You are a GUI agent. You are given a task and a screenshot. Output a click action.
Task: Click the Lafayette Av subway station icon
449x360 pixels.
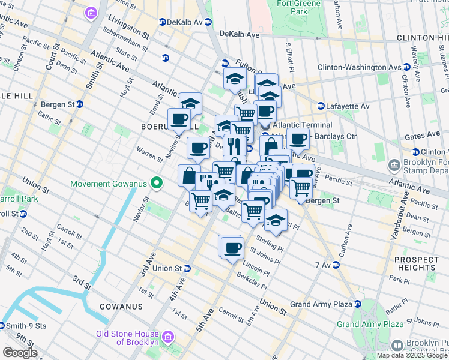click(321, 106)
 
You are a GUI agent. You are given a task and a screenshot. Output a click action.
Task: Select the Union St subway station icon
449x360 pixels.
click(187, 268)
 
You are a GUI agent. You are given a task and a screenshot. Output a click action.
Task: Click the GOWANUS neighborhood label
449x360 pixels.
click(122, 306)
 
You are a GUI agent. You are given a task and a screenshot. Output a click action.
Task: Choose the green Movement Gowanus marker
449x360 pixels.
click(157, 183)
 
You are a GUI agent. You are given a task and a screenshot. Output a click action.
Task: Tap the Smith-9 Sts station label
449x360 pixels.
click(23, 326)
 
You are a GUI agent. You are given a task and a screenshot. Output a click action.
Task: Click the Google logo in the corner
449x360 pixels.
click(19, 353)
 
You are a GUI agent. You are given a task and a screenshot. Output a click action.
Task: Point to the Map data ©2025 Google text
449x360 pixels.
click(412, 355)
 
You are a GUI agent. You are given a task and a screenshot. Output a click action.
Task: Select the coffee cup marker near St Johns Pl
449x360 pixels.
click(233, 247)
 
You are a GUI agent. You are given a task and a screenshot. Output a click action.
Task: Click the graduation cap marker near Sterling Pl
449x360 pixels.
click(276, 222)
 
